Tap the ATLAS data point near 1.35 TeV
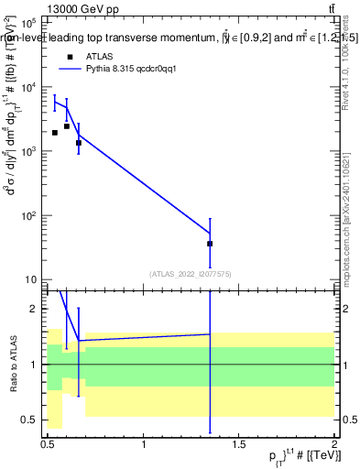210,244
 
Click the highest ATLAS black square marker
67,126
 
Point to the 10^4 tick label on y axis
28,87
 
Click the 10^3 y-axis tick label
28,151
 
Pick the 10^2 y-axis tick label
28,215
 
